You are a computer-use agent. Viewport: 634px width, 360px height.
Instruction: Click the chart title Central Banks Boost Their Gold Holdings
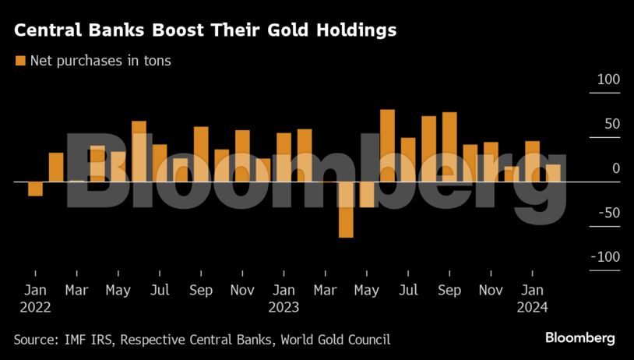pyautogui.click(x=205, y=31)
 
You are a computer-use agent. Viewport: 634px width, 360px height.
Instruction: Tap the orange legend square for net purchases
pyautogui.click(x=20, y=61)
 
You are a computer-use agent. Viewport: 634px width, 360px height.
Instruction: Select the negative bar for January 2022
pyautogui.click(x=35, y=189)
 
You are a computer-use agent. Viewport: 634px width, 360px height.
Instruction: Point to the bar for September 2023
pyautogui.click(x=449, y=147)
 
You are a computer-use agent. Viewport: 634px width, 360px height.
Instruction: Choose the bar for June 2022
pyautogui.click(x=139, y=151)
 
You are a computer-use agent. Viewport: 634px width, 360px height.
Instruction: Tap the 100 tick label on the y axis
pyautogui.click(x=608, y=80)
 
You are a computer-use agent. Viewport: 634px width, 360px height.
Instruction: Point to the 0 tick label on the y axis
pyautogui.click(x=615, y=169)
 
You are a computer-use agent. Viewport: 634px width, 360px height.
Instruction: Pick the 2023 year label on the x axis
pyautogui.click(x=284, y=307)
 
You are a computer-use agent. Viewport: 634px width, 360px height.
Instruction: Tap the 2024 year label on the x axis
pyautogui.click(x=532, y=307)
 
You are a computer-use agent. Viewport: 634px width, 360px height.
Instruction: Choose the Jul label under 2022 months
pyautogui.click(x=160, y=291)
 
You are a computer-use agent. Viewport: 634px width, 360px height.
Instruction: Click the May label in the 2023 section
pyautogui.click(x=366, y=291)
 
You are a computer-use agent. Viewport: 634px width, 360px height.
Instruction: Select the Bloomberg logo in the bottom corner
pyautogui.click(x=579, y=338)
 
